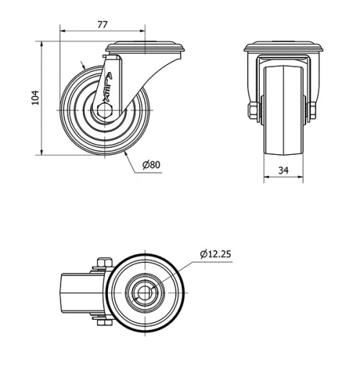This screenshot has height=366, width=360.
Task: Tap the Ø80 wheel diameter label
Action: (151, 165)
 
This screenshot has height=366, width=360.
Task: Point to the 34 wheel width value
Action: (283, 171)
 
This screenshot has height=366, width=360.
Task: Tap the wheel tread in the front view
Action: (283, 108)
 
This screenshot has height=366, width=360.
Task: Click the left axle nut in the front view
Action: (253, 110)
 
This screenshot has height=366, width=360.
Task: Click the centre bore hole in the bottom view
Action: (147, 293)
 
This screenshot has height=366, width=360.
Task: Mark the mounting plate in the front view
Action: (283, 48)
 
